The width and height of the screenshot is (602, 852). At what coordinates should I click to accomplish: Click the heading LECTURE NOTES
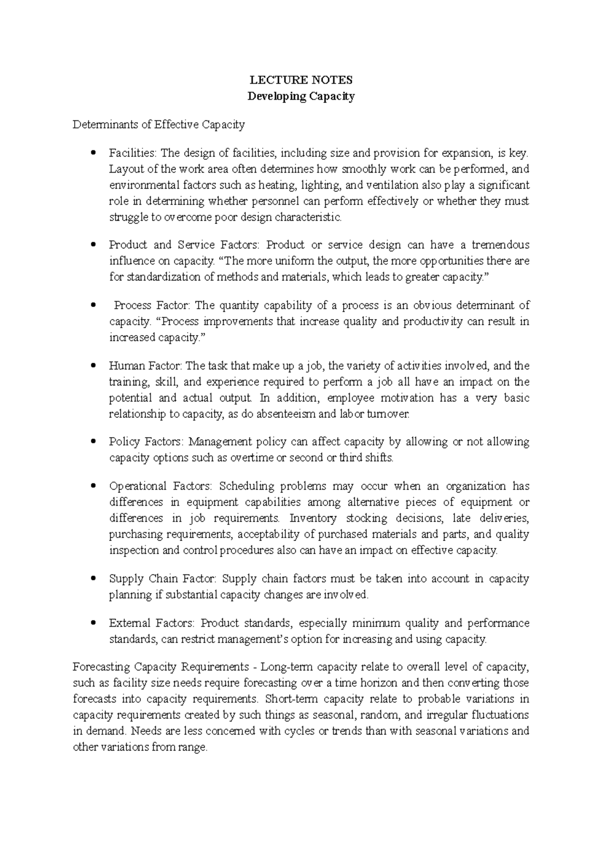pyautogui.click(x=301, y=80)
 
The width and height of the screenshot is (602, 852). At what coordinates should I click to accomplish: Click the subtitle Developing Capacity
pyautogui.click(x=301, y=96)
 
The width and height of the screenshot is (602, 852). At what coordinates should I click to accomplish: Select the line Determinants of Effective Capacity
pyautogui.click(x=159, y=124)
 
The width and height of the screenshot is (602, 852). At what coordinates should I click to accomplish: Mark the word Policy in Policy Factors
pyautogui.click(x=124, y=442)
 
